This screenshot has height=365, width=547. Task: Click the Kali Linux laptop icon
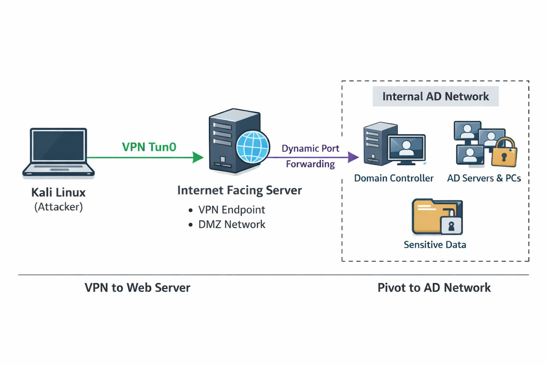point(58,152)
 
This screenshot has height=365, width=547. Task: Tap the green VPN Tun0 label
point(149,147)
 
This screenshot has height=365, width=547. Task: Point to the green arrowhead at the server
point(198,157)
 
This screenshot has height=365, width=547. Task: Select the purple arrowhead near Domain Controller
point(353,157)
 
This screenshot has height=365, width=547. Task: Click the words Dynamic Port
point(310,148)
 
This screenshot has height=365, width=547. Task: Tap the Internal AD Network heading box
point(435,97)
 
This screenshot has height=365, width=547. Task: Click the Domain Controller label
point(394,178)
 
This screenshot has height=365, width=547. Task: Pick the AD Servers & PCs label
point(484,178)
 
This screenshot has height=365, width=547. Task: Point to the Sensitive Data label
point(435,245)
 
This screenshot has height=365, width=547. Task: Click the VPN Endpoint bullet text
point(231,210)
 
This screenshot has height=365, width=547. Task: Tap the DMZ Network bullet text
point(232,224)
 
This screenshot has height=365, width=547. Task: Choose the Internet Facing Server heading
point(239,191)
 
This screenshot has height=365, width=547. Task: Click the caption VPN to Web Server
point(137,287)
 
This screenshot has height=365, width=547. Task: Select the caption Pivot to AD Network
point(434,287)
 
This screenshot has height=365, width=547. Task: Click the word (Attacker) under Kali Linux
point(58,207)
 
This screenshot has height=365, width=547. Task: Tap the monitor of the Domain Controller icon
point(406,147)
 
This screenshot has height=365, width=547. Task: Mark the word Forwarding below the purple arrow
point(310,164)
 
